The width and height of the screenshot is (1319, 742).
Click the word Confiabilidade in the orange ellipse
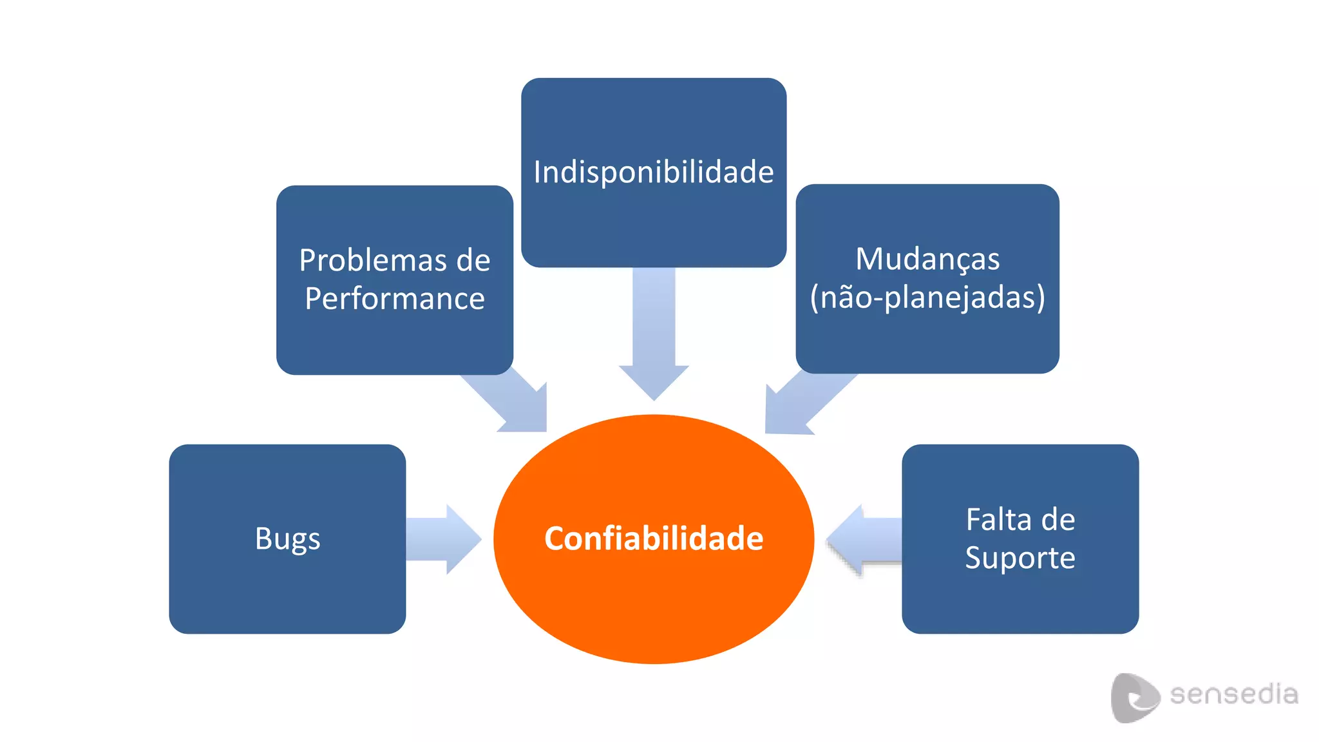click(654, 538)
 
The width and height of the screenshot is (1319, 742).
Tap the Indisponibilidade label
click(654, 172)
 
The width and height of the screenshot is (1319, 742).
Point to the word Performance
click(394, 299)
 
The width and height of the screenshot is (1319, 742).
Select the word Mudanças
click(927, 259)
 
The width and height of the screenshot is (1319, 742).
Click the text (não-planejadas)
click(927, 298)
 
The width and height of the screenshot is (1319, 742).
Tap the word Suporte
click(1020, 558)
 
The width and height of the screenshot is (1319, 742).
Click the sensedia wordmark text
click(1233, 694)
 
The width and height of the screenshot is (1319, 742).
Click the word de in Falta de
click(1058, 519)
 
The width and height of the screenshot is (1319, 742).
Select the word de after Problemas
click(473, 260)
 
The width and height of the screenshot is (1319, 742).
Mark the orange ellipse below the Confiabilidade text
click(654, 612)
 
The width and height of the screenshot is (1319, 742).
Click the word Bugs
click(287, 538)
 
